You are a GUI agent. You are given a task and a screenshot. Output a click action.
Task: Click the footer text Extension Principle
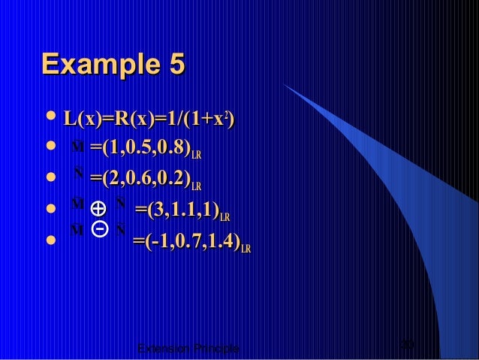[x=189, y=349]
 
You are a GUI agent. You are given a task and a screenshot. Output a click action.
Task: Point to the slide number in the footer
[x=408, y=346]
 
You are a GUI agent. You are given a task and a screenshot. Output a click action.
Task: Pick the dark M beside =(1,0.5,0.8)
[x=77, y=146]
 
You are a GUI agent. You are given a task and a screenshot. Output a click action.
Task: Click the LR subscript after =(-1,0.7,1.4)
[x=246, y=248]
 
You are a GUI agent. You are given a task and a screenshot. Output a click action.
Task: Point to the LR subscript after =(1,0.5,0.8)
[x=196, y=155]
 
